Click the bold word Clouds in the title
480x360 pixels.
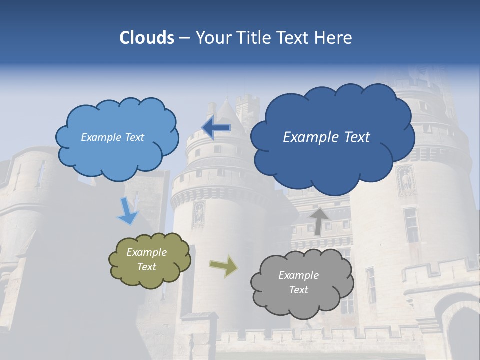click(146, 38)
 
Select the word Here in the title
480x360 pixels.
click(335, 38)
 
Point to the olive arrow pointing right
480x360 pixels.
click(224, 266)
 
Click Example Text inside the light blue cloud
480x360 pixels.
click(112, 137)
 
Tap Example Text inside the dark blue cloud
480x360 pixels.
click(326, 137)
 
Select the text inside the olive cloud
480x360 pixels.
click(146, 260)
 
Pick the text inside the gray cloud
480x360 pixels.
click(298, 282)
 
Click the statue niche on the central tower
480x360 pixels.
click(199, 213)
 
